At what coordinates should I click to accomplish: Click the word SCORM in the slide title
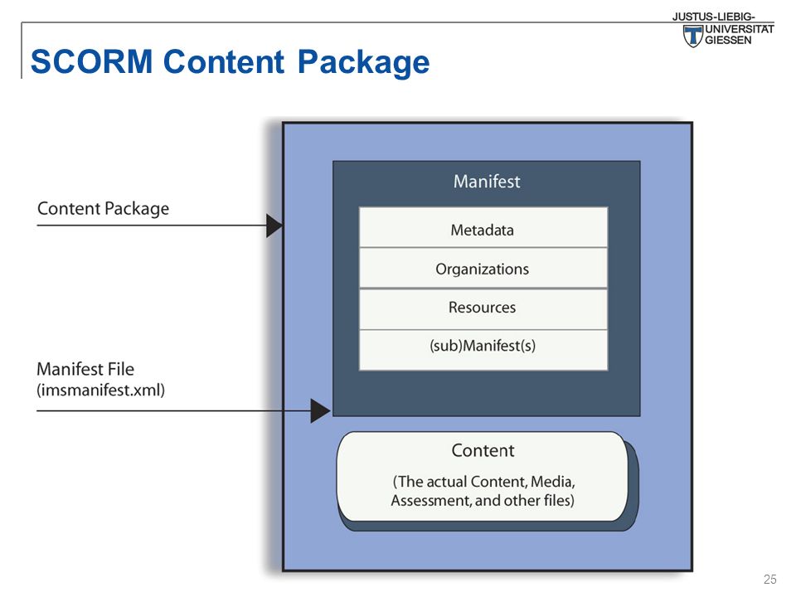point(91,61)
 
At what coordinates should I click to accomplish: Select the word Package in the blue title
point(363,62)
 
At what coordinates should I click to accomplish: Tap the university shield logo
point(692,36)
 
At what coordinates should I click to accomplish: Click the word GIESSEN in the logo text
point(728,40)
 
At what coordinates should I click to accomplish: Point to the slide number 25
point(769,580)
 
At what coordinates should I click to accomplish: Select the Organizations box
point(483,269)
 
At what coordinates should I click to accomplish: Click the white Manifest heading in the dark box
point(487,182)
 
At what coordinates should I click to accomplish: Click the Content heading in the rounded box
point(483,450)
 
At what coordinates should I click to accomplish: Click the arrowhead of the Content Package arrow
point(274,226)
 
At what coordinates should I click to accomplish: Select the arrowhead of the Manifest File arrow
point(320,410)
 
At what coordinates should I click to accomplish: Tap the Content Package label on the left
point(103,209)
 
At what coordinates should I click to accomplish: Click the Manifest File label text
point(85,369)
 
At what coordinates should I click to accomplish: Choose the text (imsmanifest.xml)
point(100,390)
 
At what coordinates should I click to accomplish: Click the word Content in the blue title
point(223,61)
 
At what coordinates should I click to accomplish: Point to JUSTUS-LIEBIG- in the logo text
point(713,17)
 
